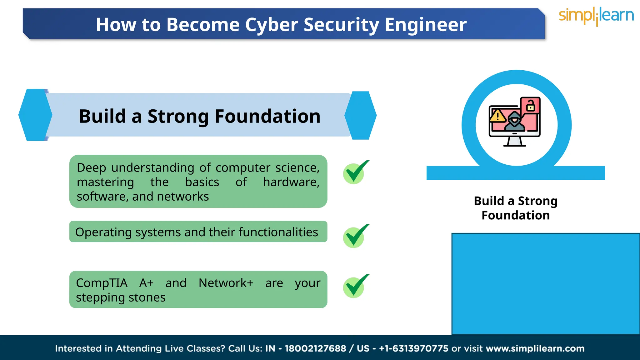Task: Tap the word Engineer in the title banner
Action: point(426,25)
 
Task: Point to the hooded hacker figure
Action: point(514,122)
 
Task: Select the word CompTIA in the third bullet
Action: point(102,283)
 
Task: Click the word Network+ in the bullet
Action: point(226,283)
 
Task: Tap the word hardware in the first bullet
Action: point(291,182)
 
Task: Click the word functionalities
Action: point(278,232)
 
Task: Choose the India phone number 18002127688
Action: point(315,348)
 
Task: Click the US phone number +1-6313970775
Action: point(413,348)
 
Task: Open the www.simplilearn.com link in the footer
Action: point(535,348)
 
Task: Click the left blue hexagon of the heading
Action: point(35,115)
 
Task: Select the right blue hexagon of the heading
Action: point(360,115)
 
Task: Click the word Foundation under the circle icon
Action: point(516,215)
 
